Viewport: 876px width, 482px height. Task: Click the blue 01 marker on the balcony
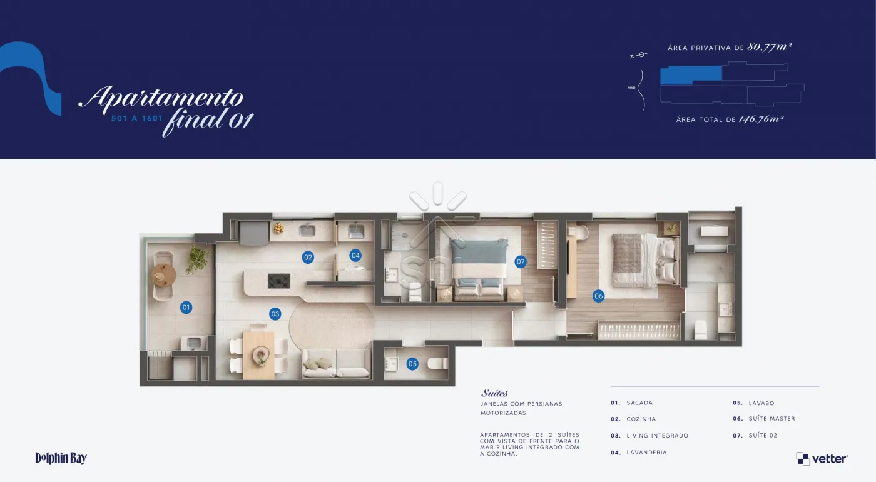[x=186, y=308]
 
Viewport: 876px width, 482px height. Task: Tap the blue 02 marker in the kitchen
[x=308, y=257]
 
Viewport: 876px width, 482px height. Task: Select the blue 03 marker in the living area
[x=275, y=314]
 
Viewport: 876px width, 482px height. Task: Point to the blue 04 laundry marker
[x=355, y=256]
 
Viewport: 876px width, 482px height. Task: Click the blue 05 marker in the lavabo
[x=412, y=364]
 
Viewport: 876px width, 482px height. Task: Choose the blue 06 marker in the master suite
[x=598, y=296]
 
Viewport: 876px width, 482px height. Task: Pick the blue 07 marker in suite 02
[x=520, y=262]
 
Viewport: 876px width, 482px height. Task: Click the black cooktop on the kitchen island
[x=279, y=281]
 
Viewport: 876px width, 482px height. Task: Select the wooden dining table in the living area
[x=258, y=356]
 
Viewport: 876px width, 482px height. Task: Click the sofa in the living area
[x=337, y=364]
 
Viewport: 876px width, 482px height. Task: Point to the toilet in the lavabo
[x=437, y=364]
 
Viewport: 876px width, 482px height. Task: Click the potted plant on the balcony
[x=198, y=259]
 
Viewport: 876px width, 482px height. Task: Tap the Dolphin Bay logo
[x=61, y=458]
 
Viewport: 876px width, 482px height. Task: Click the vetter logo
[x=822, y=459]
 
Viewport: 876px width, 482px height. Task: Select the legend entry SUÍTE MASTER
[x=772, y=419]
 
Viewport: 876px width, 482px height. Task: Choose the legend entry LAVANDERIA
[x=646, y=453]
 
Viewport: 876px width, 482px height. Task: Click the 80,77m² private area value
[x=769, y=47]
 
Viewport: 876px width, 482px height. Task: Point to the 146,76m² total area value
[x=761, y=119]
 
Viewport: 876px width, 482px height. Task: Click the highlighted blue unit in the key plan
[x=691, y=74]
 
